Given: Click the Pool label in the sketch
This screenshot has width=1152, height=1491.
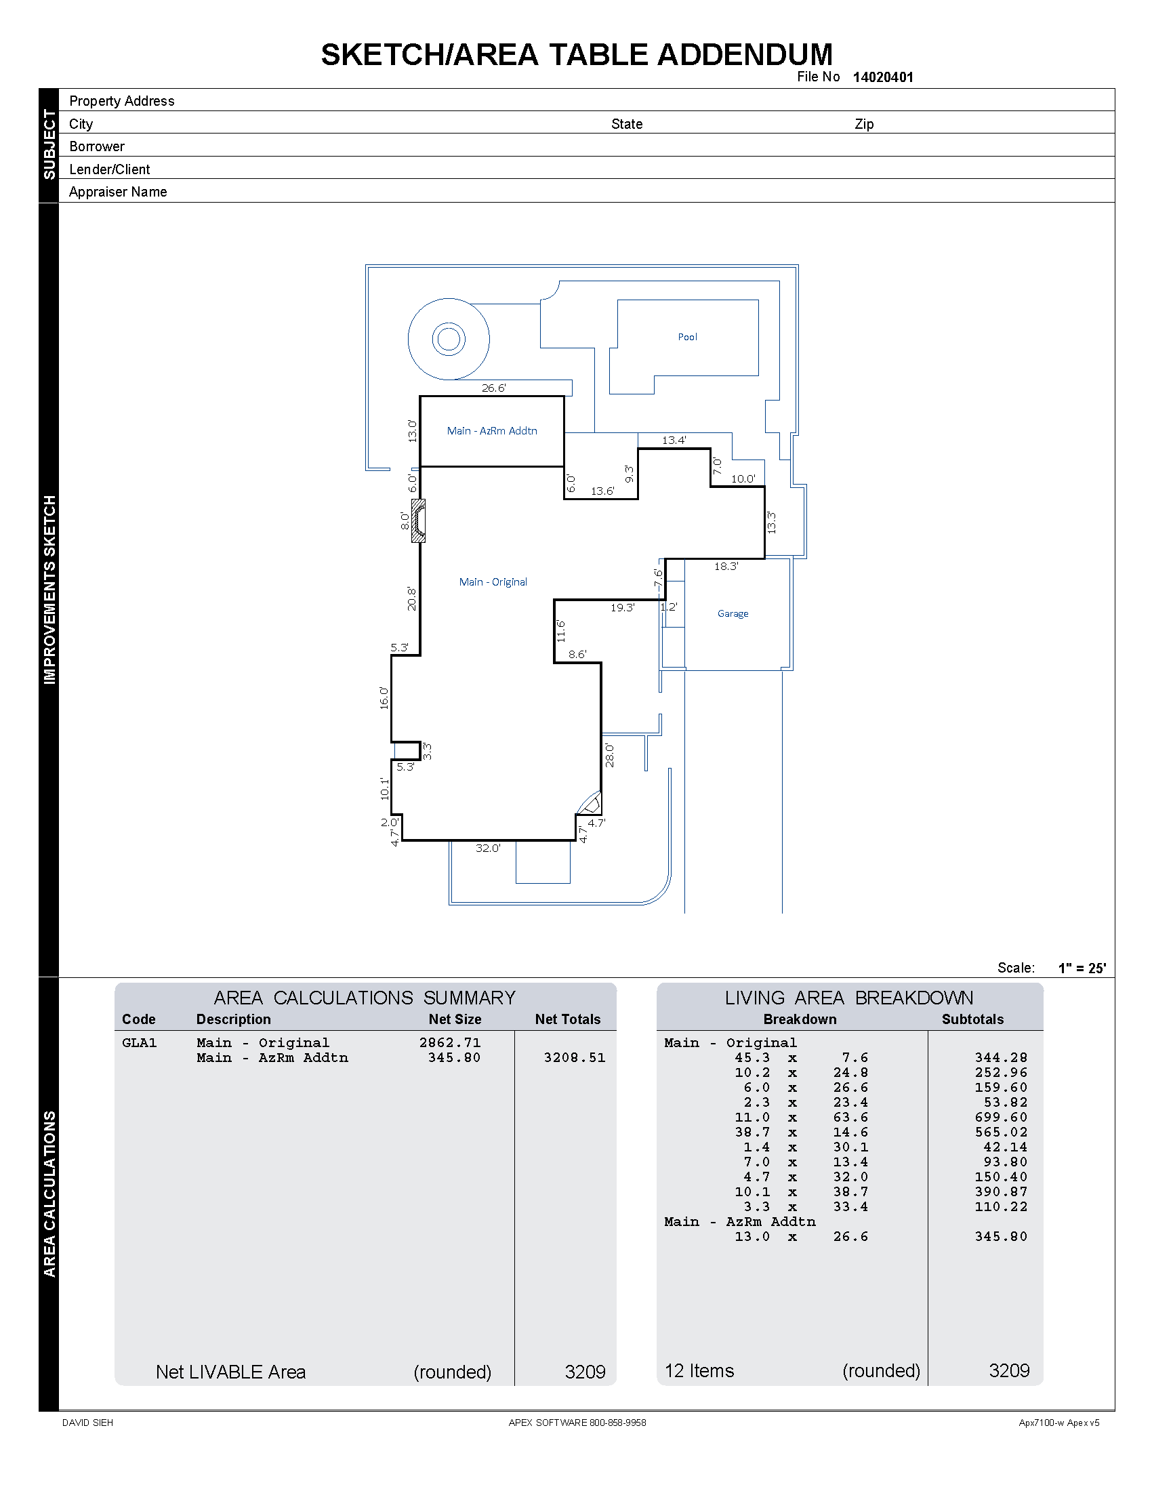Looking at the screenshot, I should [x=687, y=337].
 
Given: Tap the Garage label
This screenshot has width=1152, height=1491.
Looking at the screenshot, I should [x=733, y=613].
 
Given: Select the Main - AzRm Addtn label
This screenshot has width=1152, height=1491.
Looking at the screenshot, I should [x=491, y=431].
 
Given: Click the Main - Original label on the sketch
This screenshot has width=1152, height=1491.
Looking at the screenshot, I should [x=493, y=581].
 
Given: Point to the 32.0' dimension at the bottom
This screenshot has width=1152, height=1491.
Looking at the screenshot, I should [x=488, y=848].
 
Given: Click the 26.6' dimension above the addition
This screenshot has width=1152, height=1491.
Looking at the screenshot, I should [x=493, y=388].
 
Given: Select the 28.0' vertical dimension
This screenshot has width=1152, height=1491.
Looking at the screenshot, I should [x=609, y=756].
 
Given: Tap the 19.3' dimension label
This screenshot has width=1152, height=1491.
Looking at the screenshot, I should [x=622, y=607].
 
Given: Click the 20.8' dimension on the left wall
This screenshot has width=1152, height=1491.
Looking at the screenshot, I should [x=411, y=598].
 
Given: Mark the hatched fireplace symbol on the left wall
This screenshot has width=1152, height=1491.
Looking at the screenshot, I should [x=418, y=521].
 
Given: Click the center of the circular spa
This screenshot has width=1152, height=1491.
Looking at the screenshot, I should [x=449, y=339].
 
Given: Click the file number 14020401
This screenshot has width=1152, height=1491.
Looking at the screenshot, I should [x=882, y=77].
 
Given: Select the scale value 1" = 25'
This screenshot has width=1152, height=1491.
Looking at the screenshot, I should [x=1082, y=968].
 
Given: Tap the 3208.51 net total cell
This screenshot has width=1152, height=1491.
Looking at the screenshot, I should [x=574, y=1057].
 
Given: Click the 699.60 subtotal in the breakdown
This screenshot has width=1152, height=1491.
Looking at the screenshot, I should [x=1000, y=1117].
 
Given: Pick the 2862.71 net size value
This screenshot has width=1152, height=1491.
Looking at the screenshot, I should [x=450, y=1042].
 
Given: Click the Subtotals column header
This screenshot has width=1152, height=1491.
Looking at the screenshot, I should [x=972, y=1019].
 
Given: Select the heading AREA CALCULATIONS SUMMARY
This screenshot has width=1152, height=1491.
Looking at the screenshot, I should [x=365, y=998].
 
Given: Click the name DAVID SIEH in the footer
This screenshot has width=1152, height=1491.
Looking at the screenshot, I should [x=87, y=1423].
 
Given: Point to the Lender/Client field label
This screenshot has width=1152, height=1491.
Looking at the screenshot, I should [x=109, y=169].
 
